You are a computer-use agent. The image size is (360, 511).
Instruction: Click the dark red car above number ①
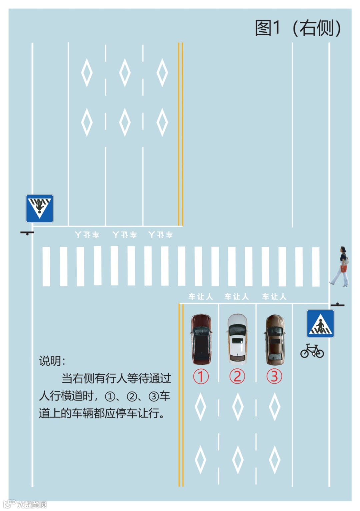coord(201,339)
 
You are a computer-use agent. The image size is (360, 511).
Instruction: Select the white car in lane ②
coord(237,339)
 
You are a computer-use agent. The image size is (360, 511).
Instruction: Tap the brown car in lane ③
coord(275,339)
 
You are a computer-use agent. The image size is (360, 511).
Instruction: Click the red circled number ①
coord(201,377)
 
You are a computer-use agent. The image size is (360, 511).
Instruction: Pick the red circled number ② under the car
coord(237,377)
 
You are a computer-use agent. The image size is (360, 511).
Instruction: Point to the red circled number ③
coord(274,377)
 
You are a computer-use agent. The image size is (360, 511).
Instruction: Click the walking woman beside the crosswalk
coord(341,267)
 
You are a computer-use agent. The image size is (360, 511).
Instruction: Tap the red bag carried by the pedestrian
coord(344,269)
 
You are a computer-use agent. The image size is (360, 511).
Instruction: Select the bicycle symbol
coord(312,351)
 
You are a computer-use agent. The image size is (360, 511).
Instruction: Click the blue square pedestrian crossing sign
coord(320,324)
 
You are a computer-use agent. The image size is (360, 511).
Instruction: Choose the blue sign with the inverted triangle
coord(40,209)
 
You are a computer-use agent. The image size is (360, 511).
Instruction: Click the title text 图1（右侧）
coord(298,28)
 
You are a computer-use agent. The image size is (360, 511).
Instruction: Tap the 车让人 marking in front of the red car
coord(200,297)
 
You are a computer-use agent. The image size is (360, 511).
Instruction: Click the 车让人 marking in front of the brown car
coord(274,297)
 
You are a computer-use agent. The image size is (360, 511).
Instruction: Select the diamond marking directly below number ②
coord(237,407)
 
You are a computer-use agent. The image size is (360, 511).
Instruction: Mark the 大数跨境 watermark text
coord(32,504)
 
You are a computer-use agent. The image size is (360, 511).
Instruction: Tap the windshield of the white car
coord(237,330)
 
